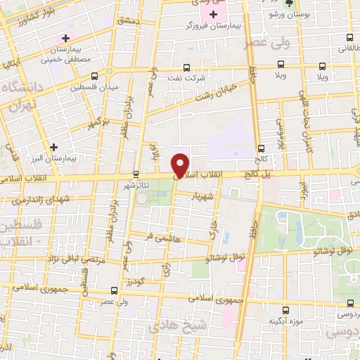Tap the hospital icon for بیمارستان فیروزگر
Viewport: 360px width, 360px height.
[x=214, y=14]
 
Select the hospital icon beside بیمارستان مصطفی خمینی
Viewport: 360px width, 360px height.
[x=66, y=38]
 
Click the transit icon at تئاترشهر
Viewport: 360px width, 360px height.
[x=136, y=174]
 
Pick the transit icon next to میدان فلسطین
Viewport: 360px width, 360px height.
[x=110, y=72]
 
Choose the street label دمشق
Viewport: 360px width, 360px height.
[x=129, y=23]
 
